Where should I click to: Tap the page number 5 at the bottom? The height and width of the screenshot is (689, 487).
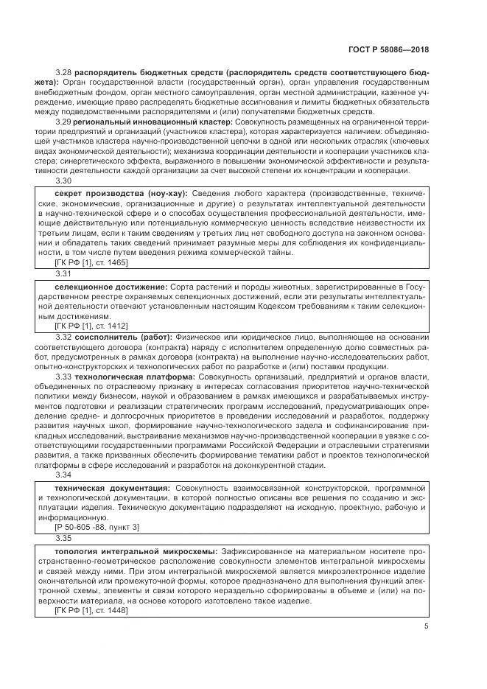427,626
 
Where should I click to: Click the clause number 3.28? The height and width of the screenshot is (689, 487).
63,74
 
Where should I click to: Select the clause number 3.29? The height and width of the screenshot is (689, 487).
63,121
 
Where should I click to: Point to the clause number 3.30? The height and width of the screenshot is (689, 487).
63,180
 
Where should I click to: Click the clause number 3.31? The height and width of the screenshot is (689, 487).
63,273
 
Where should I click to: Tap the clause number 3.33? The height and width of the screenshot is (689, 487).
63,377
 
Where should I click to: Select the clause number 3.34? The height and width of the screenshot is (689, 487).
63,475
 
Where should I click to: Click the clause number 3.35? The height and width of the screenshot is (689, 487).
63,539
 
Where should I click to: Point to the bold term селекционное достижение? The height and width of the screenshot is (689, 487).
111,286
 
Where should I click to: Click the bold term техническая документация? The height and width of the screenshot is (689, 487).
113,489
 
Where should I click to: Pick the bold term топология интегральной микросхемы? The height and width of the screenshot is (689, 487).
136,552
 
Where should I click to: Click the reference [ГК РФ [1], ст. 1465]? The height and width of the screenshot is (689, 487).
91,262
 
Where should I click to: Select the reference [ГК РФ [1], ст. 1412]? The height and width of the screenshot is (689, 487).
91,326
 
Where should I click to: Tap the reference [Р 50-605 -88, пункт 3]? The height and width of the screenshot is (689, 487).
97,528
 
